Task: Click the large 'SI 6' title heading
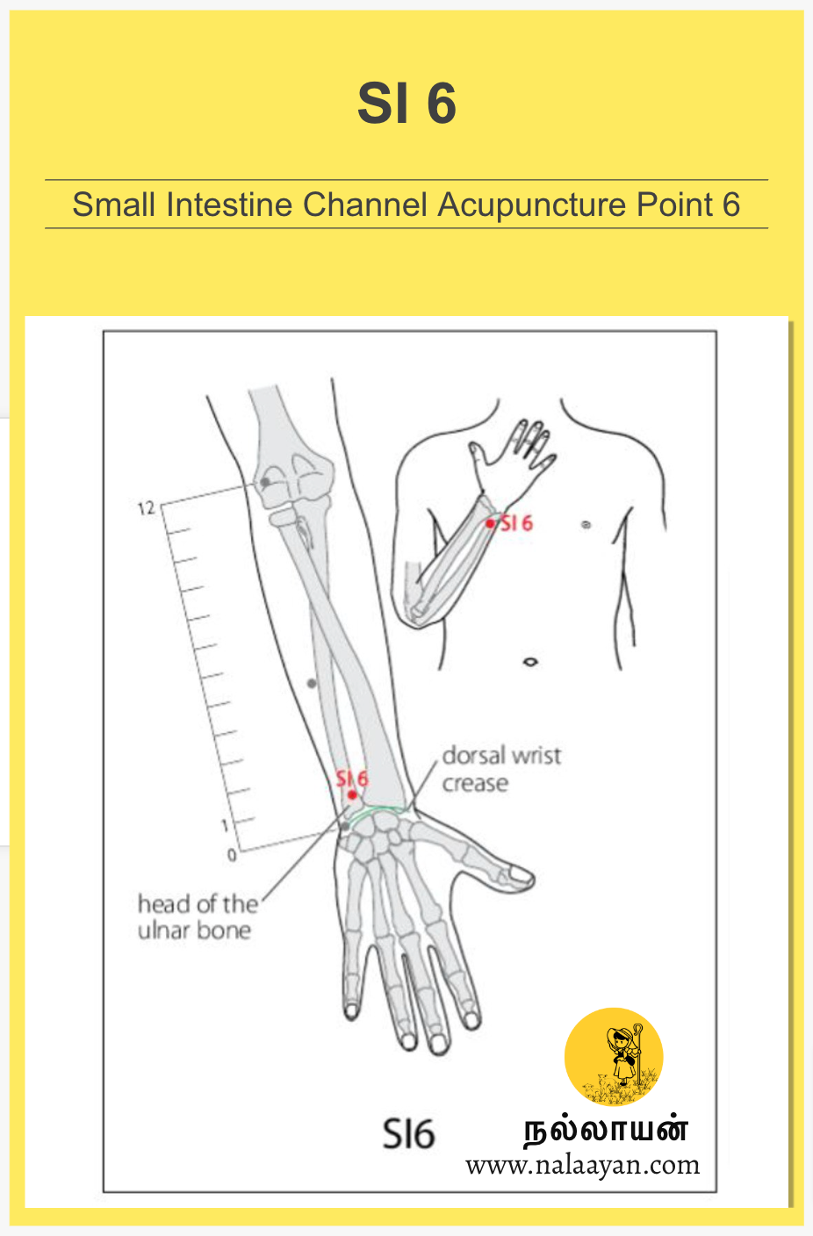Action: pyautogui.click(x=406, y=104)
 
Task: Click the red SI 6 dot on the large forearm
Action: pyautogui.click(x=352, y=795)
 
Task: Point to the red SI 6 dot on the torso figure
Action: pyautogui.click(x=491, y=524)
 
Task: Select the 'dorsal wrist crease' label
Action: pyautogui.click(x=500, y=769)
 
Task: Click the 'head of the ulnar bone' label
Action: pyautogui.click(x=197, y=916)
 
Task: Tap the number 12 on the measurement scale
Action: pyautogui.click(x=146, y=508)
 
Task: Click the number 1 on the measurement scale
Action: pyautogui.click(x=225, y=825)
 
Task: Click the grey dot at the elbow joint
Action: pyautogui.click(x=265, y=482)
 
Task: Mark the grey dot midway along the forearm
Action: pyautogui.click(x=311, y=683)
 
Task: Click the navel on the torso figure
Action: pyautogui.click(x=529, y=662)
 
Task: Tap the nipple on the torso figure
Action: pyautogui.click(x=586, y=525)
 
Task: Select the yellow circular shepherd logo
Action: pyautogui.click(x=614, y=1056)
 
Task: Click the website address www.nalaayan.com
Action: pyautogui.click(x=582, y=1166)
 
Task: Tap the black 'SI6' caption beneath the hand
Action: pyautogui.click(x=408, y=1134)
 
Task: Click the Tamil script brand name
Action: pyautogui.click(x=606, y=1130)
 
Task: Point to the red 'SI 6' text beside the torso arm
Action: pyautogui.click(x=516, y=523)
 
